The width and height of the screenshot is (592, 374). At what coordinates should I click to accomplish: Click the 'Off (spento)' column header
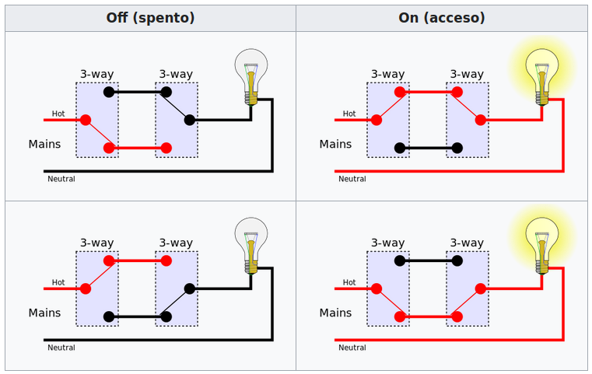(150, 18)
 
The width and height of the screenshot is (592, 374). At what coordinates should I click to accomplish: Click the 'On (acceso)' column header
(441, 18)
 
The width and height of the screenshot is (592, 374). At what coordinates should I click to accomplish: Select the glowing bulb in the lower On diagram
(542, 243)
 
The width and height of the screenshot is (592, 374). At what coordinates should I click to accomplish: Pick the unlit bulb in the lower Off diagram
(251, 243)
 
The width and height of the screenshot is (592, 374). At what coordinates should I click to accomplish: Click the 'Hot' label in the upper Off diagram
(58, 114)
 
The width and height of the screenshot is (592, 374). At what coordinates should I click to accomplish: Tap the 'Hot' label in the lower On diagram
(349, 282)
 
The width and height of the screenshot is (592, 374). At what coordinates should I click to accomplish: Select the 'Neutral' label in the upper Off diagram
(61, 179)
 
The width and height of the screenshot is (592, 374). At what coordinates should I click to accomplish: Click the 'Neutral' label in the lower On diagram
(352, 348)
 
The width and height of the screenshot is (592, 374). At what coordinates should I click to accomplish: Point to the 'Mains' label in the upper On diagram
(335, 145)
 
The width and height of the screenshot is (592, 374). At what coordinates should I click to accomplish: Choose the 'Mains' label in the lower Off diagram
(44, 313)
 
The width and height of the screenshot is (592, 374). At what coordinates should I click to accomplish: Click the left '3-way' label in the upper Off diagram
(96, 75)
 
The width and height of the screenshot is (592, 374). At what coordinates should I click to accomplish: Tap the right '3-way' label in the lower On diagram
(467, 243)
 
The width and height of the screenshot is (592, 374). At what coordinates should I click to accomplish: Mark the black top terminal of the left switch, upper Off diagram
(109, 92)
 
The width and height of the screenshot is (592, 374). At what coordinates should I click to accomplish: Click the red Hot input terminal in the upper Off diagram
(86, 120)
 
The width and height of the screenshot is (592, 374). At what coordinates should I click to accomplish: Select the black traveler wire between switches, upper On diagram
(429, 148)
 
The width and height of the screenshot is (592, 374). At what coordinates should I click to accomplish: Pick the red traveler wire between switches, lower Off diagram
(138, 260)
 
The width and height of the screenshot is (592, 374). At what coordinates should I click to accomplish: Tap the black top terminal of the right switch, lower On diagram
(457, 260)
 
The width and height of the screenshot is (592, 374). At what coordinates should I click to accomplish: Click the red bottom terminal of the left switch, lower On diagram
(400, 316)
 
